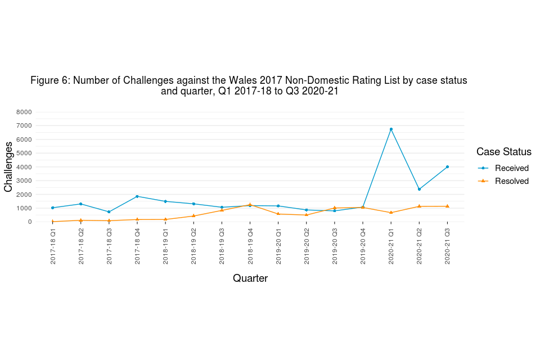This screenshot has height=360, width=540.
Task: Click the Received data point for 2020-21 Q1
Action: (391, 129)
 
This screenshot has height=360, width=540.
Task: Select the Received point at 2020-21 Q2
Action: (419, 189)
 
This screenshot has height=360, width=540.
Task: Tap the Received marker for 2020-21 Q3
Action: (447, 166)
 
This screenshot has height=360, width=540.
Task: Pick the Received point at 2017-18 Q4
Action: (137, 196)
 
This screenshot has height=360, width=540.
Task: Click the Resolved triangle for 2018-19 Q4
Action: (250, 204)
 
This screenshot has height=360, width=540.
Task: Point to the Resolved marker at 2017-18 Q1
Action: (53, 221)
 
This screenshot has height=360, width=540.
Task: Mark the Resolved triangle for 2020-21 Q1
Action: (391, 213)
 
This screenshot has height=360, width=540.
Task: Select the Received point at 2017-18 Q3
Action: (109, 212)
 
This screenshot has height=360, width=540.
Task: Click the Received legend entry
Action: (511, 168)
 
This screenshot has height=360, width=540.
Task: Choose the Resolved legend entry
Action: (511, 181)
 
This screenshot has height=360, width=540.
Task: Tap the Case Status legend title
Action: (503, 152)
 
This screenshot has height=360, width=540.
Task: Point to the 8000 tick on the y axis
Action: (24, 112)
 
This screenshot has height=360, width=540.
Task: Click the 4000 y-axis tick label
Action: (24, 167)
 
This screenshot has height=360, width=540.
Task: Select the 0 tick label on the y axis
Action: (30, 222)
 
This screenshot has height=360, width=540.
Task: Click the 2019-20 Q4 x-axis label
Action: (363, 246)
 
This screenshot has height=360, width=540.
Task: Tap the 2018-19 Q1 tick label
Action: (165, 246)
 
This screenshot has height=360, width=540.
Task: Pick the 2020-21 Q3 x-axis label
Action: (447, 246)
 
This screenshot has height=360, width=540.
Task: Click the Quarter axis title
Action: (250, 278)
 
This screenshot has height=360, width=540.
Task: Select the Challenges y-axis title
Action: (8, 166)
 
